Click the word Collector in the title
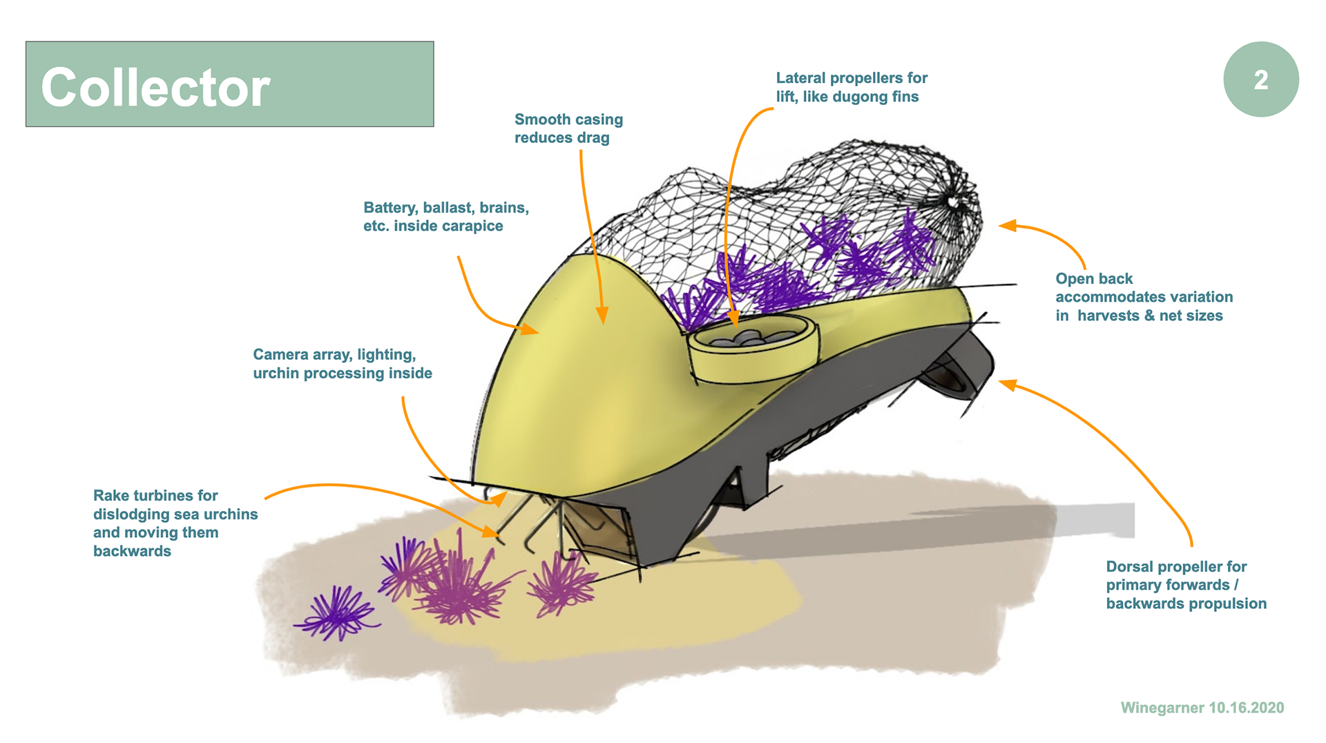pos(155,88)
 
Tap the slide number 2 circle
pos(1260,79)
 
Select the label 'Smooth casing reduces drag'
pos(568,128)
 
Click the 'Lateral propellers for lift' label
pos(851,87)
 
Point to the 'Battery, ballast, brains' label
pos(445,217)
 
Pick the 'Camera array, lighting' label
pos(342,364)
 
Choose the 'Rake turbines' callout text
pos(175,523)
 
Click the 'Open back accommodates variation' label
pos(1143,297)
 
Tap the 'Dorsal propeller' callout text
pos(1185,585)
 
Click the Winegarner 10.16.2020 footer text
pos(1202,708)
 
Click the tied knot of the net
pos(954,202)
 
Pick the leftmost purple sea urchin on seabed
pos(337,612)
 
